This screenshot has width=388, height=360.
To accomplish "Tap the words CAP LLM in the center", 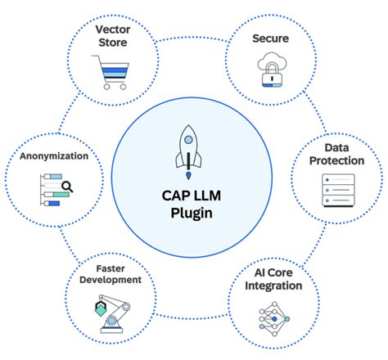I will (x=194, y=196).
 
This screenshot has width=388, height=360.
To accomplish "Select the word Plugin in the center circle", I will (x=194, y=214).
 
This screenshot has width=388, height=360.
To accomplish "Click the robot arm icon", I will (x=113, y=315).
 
